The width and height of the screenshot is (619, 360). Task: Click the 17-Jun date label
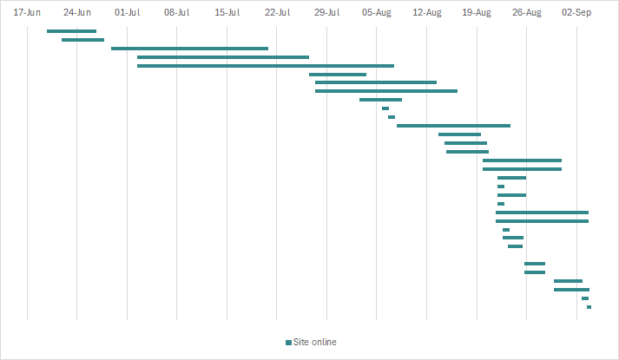click(27, 13)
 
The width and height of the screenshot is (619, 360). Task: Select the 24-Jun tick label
click(77, 13)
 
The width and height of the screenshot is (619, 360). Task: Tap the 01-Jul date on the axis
click(127, 13)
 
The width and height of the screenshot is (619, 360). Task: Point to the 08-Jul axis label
click(177, 13)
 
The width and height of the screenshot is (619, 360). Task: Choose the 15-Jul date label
click(227, 13)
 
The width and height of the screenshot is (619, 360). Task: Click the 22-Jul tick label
click(277, 13)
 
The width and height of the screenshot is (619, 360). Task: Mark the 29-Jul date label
click(327, 13)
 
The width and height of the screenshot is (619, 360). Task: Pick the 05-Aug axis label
click(378, 13)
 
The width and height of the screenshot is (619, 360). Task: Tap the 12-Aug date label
click(427, 13)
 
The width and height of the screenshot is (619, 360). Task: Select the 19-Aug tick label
click(477, 13)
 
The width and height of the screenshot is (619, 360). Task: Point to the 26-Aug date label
click(527, 13)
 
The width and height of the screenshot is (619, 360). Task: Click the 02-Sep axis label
click(577, 13)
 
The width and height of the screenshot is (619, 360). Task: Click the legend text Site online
click(314, 342)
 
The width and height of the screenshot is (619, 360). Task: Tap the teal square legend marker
click(288, 342)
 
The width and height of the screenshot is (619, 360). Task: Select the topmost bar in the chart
click(71, 31)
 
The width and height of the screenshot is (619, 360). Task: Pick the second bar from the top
click(82, 40)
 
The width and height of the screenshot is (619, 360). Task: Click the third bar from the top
click(189, 49)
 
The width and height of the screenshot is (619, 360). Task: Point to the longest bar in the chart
click(266, 66)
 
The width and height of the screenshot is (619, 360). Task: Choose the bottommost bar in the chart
click(589, 307)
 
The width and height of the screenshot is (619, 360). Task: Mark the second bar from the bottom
click(585, 298)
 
